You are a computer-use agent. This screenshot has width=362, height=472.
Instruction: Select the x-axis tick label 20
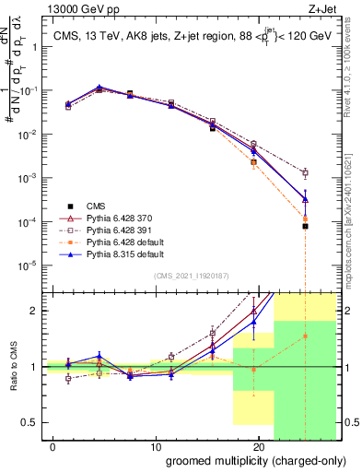tap(259, 445)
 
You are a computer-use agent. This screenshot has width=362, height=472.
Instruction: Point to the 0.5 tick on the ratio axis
tap(34, 422)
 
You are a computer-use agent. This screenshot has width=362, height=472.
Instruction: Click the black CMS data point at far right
tap(305, 226)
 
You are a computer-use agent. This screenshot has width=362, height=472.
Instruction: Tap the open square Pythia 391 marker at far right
tap(305, 172)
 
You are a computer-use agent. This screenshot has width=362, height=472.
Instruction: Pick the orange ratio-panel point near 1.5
tap(305, 336)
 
